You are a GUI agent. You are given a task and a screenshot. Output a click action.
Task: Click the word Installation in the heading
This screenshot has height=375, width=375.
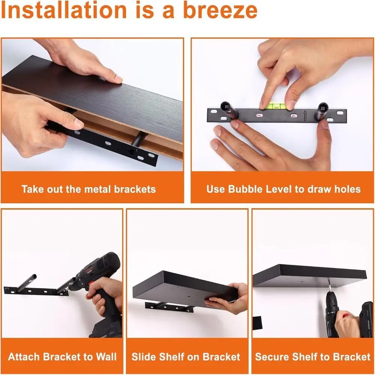coord(64,10)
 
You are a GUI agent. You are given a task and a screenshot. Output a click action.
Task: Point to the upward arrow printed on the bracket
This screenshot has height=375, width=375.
coord(305,115)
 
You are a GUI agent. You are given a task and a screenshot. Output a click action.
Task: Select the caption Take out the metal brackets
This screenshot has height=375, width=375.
coord(88,189)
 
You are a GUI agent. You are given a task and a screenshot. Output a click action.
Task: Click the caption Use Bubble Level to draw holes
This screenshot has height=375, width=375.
coord(283,189)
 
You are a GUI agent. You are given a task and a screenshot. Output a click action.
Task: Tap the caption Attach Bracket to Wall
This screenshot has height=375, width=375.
coord(62,357)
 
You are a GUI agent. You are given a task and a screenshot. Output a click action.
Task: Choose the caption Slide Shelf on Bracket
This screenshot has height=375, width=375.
coord(186,357)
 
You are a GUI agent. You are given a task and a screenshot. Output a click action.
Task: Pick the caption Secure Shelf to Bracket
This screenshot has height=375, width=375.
coord(313,357)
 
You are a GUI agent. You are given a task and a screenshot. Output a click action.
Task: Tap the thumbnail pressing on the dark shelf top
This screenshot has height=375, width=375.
coord(118,79)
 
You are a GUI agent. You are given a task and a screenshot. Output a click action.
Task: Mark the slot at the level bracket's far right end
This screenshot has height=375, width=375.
coord(340,112)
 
